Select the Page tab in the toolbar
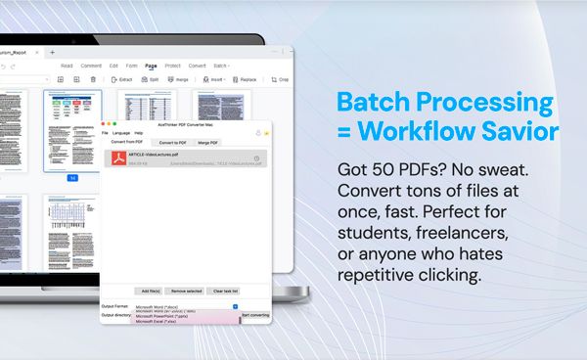tap(151, 66)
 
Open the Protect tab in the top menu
tap(172, 66)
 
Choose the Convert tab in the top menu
tap(197, 66)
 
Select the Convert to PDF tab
tap(172, 142)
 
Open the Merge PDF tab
tap(208, 142)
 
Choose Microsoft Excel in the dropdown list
tap(158, 322)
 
